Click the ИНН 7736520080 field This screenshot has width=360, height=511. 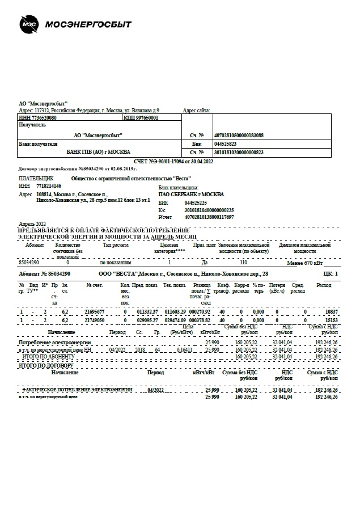coord(38,118)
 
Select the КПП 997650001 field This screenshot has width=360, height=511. coord(141,118)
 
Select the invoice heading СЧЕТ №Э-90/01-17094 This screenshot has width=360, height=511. coord(181,162)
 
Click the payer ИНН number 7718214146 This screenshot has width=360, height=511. coord(49,185)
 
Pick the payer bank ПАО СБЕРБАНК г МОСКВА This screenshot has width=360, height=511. coord(191,194)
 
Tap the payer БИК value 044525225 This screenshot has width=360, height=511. coord(196,202)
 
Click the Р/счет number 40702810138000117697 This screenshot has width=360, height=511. coord(209,217)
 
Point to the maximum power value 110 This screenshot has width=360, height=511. coord(244,263)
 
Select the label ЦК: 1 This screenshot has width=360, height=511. coord(329,274)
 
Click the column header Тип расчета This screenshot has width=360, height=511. coord(116,245)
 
